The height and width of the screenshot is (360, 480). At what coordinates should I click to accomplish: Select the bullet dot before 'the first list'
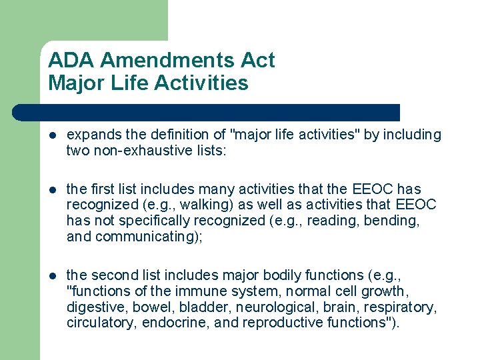(53, 189)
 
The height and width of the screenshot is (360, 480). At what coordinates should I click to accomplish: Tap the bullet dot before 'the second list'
(53, 275)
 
